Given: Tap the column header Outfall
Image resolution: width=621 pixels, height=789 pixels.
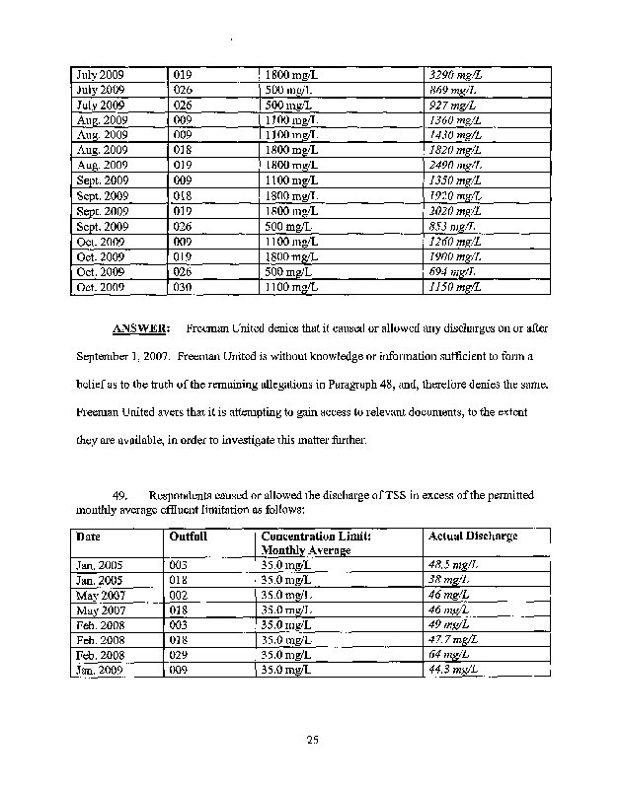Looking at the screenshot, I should (x=188, y=536).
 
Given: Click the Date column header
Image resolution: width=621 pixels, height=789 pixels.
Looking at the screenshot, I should (x=88, y=536).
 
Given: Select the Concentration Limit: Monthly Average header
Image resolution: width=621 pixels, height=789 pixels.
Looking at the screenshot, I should (x=316, y=542).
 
